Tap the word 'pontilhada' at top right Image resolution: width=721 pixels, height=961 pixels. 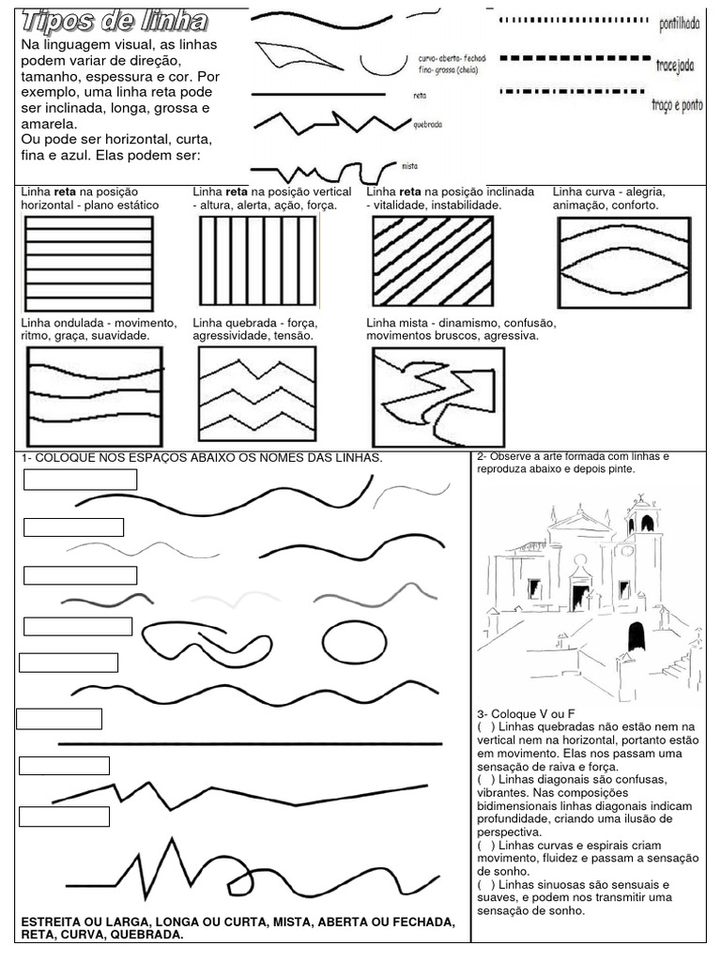tap(680, 23)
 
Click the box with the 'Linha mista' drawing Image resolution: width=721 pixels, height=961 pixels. tap(437, 397)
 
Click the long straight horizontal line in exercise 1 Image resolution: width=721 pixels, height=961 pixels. tap(250, 743)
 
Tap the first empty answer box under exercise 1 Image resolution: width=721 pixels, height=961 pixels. tap(80, 480)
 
